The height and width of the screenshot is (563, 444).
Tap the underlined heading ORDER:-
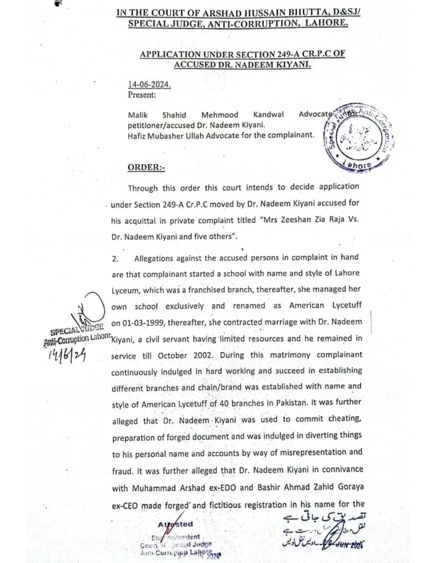146,167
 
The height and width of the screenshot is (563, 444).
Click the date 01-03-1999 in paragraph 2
137,323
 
